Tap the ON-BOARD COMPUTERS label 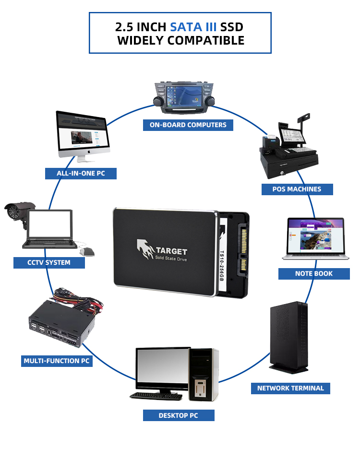[188, 125]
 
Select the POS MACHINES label [297, 189]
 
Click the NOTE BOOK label [314, 273]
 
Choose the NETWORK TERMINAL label [290, 388]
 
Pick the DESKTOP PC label [179, 415]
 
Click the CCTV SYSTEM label [49, 262]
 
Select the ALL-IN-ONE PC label [81, 173]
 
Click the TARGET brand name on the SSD [171, 251]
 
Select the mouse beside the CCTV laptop [87, 251]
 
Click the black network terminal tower [288, 336]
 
